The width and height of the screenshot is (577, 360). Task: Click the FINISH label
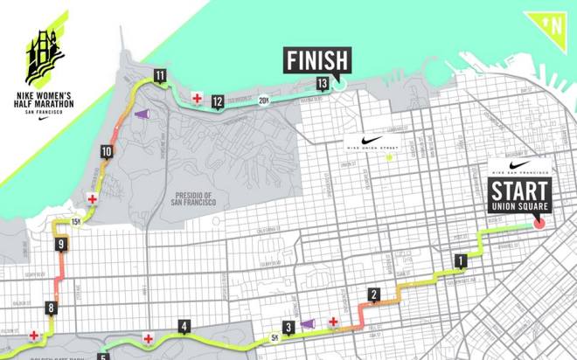(x=316, y=60)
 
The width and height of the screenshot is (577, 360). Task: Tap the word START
(x=519, y=190)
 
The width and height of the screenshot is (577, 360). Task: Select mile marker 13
(x=323, y=83)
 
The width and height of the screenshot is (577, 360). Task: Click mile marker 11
(x=159, y=76)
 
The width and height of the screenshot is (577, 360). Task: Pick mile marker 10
(x=106, y=152)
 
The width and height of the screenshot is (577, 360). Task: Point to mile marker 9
(x=61, y=245)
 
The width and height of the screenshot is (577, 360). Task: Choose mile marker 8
(x=52, y=307)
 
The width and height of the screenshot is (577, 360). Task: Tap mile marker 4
(x=184, y=328)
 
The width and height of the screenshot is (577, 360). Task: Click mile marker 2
(x=373, y=294)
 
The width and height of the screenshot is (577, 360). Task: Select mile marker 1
(x=459, y=260)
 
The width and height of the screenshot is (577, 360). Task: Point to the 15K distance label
(x=76, y=222)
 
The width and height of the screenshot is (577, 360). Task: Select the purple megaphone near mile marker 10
(x=142, y=115)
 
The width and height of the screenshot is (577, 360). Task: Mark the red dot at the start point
(x=539, y=223)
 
